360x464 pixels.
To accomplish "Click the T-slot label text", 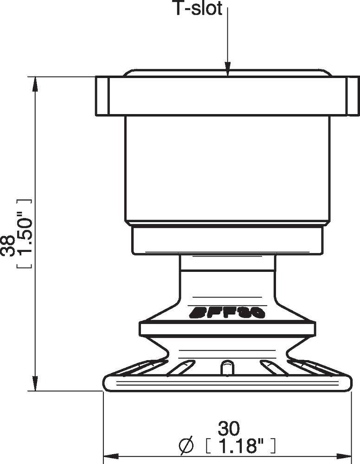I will tap(198, 9).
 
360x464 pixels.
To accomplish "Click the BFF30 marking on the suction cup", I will tap(227, 312).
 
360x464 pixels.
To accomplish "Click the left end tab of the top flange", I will tap(103, 96).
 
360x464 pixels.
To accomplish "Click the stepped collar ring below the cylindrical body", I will tap(227, 240).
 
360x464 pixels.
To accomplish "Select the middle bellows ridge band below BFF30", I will tap(227, 329).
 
